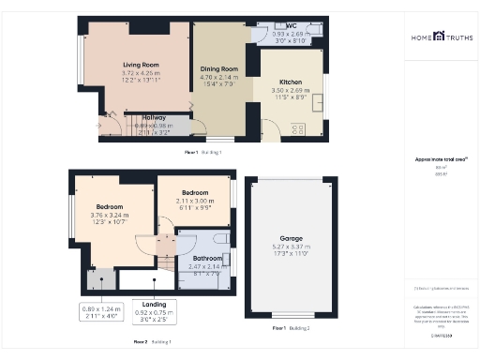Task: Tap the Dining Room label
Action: click(x=217, y=68)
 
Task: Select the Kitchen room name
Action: click(x=290, y=82)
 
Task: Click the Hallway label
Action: click(x=153, y=118)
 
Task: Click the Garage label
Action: click(x=290, y=238)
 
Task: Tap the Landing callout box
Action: click(x=153, y=309)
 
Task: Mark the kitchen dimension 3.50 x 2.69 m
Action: click(x=290, y=91)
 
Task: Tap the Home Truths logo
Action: click(x=438, y=37)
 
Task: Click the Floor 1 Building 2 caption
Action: click(x=291, y=329)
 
